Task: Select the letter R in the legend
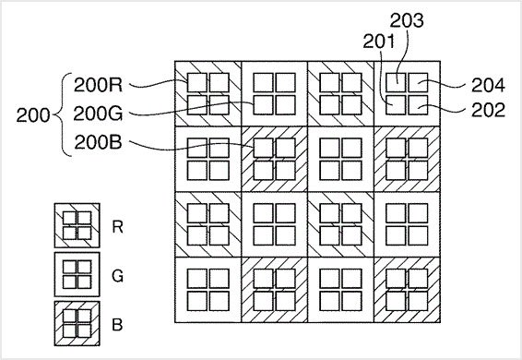116,225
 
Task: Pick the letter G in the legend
116,274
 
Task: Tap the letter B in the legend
116,325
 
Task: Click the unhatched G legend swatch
77,275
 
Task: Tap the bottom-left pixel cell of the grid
208,290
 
